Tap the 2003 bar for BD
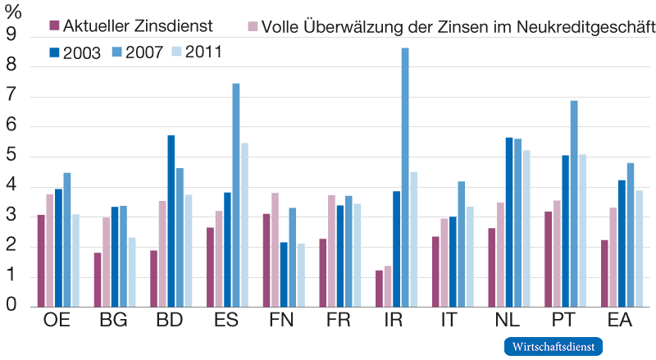point(171,221)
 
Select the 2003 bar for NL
point(509,221)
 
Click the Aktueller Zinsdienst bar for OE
point(41,260)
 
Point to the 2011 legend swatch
point(175,52)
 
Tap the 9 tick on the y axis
point(11,35)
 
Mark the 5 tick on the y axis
point(11,157)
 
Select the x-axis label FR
point(339,321)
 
